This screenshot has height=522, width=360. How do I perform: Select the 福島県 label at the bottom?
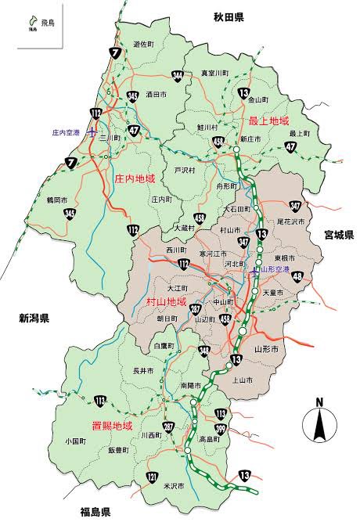coord(95,513)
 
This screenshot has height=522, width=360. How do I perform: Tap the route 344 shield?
coord(178,76)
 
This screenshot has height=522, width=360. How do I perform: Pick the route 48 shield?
coord(298,275)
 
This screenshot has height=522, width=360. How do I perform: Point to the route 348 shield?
coord(204,351)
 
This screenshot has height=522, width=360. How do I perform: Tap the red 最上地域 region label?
coord(268,121)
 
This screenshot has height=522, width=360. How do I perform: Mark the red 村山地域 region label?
coord(166,301)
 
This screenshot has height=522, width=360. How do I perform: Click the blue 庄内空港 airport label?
coord(67,132)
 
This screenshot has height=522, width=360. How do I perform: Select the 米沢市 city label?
coord(174,486)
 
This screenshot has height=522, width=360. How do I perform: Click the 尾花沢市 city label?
coord(292,222)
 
